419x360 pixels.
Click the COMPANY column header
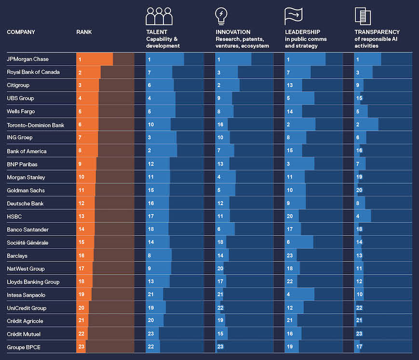tap(21, 32)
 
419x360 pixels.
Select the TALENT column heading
tap(156, 32)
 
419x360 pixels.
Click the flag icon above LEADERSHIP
tap(293, 15)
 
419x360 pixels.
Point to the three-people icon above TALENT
tap(159, 16)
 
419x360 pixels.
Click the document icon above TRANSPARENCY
tap(363, 15)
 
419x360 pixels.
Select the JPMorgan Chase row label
tap(27, 59)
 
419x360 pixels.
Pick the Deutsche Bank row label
tap(25, 203)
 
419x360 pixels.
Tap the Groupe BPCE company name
tap(24, 347)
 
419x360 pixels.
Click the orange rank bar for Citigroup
tap(88, 85)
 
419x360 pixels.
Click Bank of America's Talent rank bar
tap(162, 151)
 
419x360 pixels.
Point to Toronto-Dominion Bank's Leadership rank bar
tap(300, 125)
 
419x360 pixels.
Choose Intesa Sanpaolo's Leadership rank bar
tap(299, 294)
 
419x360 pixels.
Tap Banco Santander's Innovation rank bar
tap(225, 229)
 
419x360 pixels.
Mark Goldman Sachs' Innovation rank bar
tap(226, 190)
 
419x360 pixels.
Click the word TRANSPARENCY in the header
tap(377, 32)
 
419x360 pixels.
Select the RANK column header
tap(84, 32)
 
